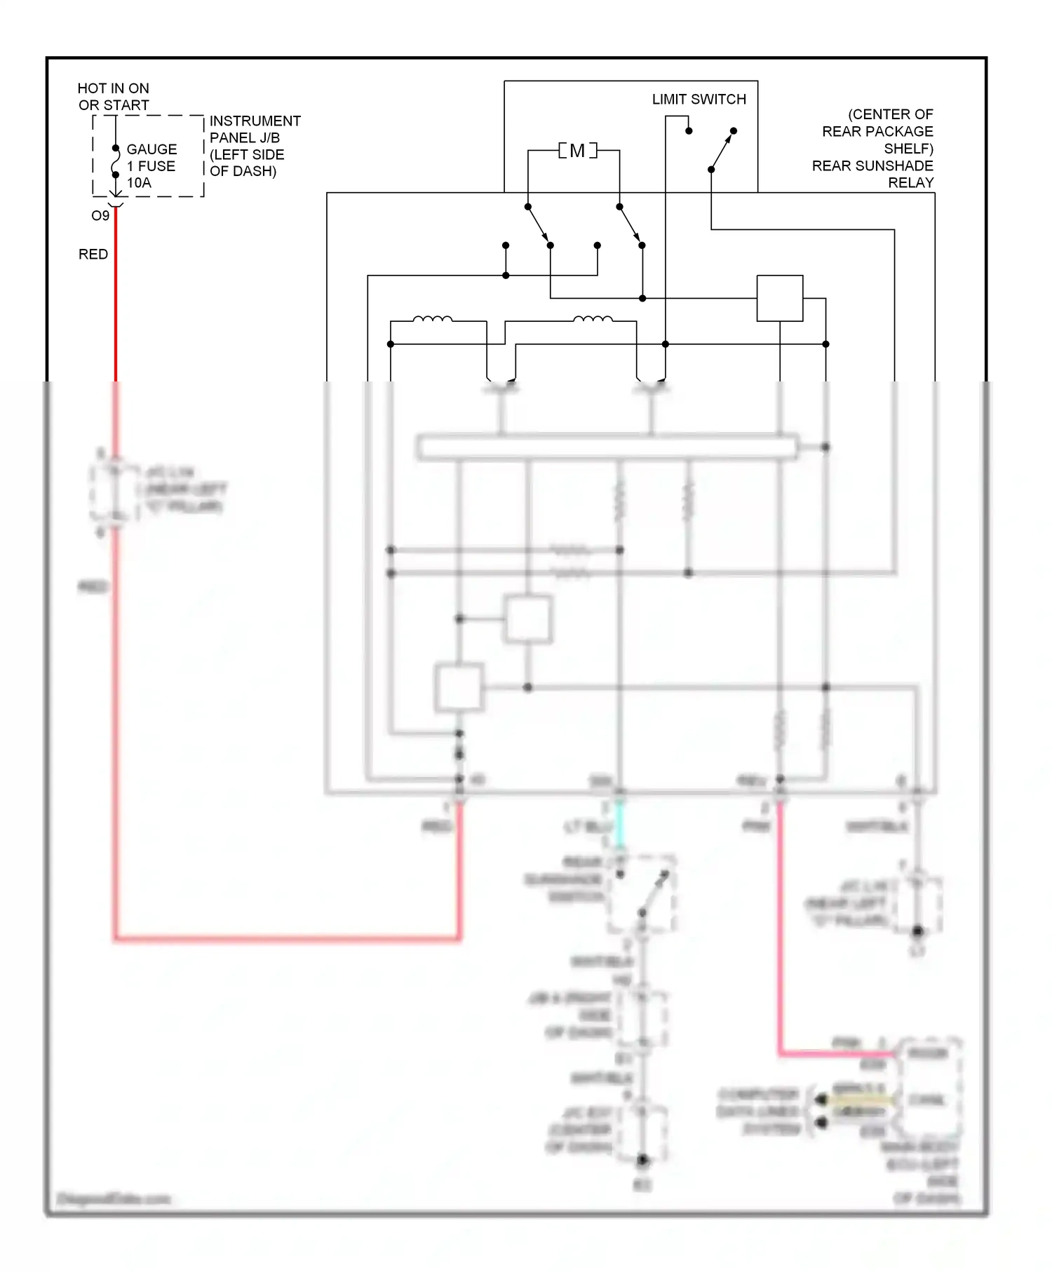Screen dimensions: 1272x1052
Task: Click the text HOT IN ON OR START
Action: (113, 97)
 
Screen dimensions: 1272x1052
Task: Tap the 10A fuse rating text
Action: (139, 183)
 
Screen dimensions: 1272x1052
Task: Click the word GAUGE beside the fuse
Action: (151, 149)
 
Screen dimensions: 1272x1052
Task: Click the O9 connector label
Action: (100, 216)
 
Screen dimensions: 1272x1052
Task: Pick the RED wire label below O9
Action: (93, 254)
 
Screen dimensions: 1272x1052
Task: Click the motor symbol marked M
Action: (577, 151)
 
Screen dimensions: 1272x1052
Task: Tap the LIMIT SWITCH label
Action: (699, 100)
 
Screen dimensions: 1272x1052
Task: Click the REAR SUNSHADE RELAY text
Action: (872, 174)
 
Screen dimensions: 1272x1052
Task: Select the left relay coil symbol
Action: (432, 320)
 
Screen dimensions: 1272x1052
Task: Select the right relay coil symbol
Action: (593, 320)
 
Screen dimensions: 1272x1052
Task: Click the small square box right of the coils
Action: (779, 299)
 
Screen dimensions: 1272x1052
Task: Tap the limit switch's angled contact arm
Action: (722, 150)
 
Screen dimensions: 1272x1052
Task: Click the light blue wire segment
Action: (619, 823)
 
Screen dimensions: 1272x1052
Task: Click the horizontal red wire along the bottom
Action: (288, 938)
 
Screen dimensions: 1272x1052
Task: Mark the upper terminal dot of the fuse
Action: (116, 149)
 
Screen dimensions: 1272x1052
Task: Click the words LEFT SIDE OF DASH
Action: (247, 163)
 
